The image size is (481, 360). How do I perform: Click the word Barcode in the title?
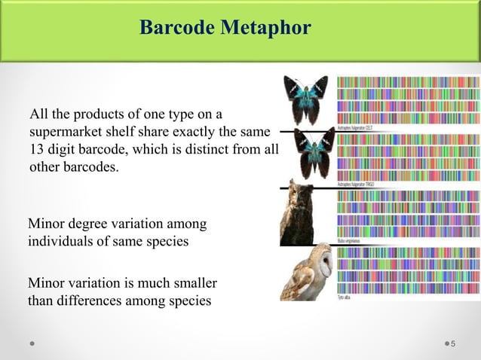pos(177,29)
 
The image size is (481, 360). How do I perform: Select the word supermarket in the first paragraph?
pos(64,132)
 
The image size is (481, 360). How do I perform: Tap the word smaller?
pos(193,284)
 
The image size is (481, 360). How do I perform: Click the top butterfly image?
pos(306,98)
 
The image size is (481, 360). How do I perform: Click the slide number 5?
pos(452,344)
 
